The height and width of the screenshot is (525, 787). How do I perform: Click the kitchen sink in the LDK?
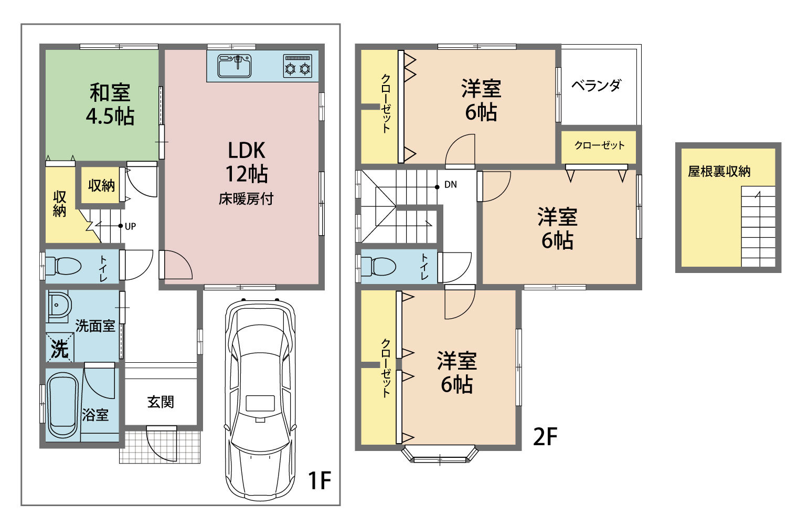[x=235, y=66]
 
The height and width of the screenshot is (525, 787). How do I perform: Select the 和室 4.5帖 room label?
[x=110, y=104]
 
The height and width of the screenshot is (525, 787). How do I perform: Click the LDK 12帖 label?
[x=247, y=162]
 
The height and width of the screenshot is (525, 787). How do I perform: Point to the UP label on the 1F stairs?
[x=130, y=226]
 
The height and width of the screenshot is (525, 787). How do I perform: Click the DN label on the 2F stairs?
[x=450, y=185]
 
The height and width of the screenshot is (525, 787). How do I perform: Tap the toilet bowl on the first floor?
[x=63, y=266]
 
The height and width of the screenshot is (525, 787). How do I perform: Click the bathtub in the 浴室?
[x=62, y=405]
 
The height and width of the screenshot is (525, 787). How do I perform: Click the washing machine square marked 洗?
[x=60, y=348]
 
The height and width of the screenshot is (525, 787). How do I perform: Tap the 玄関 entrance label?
[x=161, y=402]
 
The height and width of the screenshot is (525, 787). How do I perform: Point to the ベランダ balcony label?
[x=596, y=86]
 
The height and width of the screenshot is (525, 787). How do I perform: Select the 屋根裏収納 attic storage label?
[x=719, y=171]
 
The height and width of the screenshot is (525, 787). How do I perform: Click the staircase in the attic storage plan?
[x=758, y=226]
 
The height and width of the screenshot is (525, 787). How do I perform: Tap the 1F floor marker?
[x=320, y=480]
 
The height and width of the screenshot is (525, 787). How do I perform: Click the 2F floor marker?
[x=545, y=437]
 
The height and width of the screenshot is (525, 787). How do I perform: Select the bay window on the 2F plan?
[x=440, y=455]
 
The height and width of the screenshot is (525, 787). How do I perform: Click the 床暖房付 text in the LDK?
[x=246, y=199]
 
